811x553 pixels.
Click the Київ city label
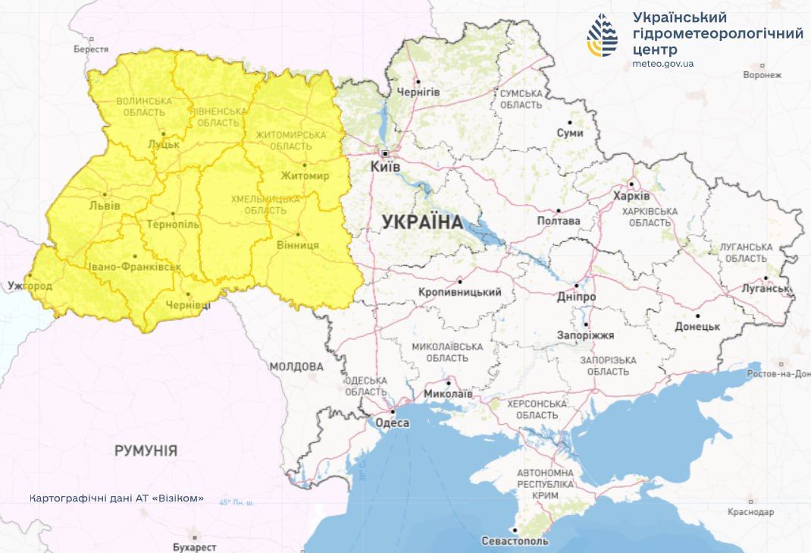pyautogui.click(x=385, y=166)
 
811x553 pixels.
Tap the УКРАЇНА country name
pyautogui.click(x=422, y=222)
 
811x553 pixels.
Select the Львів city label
pyautogui.click(x=104, y=205)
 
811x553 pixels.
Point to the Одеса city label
pyautogui.click(x=393, y=423)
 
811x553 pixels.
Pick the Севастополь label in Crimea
pyautogui.click(x=515, y=541)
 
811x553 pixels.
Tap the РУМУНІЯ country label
pyautogui.click(x=146, y=451)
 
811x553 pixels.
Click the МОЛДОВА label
pyautogui.click(x=296, y=366)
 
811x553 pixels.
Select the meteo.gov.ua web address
pyautogui.click(x=662, y=64)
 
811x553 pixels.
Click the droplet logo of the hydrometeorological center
pyautogui.click(x=602, y=36)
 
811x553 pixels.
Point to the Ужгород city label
pyautogui.click(x=30, y=287)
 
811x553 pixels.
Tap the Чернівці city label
pyautogui.click(x=189, y=304)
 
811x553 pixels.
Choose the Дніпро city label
pyautogui.click(x=576, y=297)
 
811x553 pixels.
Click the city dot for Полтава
pyautogui.click(x=559, y=211)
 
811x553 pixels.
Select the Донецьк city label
pyautogui.click(x=697, y=326)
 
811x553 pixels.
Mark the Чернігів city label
pyautogui.click(x=418, y=92)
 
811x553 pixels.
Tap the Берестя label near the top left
pyautogui.click(x=91, y=49)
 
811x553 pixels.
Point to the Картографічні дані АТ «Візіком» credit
pyautogui.click(x=117, y=498)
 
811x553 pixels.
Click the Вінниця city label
pyautogui.click(x=297, y=245)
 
